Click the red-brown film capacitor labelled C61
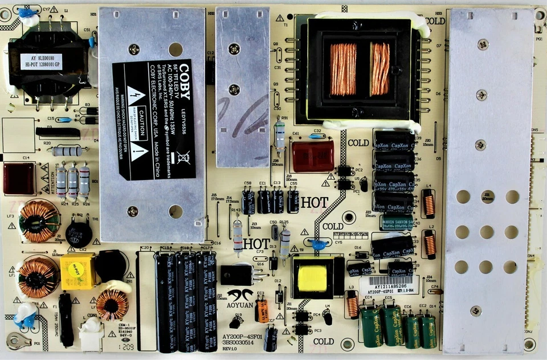click(313, 157)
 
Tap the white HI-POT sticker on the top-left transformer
click(41, 62)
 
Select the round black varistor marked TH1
click(79, 234)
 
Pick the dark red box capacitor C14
click(19, 178)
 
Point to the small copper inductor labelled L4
click(428, 204)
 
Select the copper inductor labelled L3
click(353, 305)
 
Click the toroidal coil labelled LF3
click(39, 220)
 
